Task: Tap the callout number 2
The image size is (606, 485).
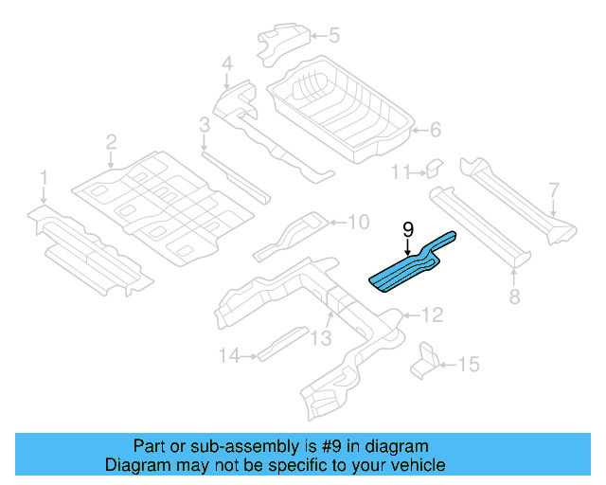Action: (x=111, y=143)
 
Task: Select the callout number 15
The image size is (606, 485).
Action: (x=469, y=364)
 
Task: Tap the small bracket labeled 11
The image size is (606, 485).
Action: (x=432, y=168)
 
